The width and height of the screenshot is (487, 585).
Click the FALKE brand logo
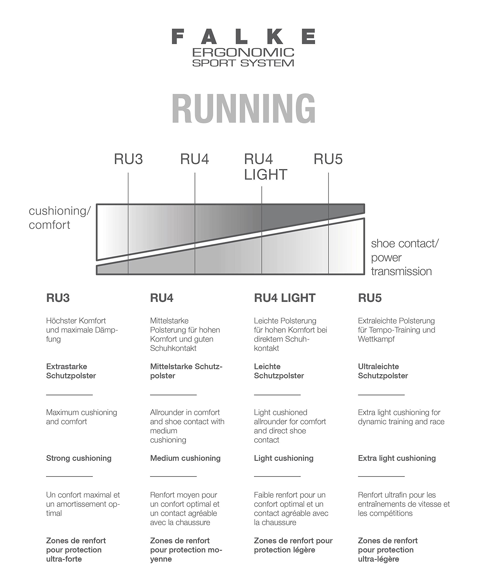243,37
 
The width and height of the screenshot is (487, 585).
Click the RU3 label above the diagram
128,159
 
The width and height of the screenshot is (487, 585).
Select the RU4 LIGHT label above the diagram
266,167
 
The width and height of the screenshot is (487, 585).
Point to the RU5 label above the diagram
328,159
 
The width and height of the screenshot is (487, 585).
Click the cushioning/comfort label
60,218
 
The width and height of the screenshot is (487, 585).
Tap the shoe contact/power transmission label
405,257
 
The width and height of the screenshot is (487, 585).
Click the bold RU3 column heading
58,298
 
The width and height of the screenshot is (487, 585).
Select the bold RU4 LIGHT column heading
284,298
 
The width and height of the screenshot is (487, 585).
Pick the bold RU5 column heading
370,298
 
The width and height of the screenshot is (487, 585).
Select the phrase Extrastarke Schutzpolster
71,371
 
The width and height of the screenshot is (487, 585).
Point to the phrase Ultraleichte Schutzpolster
383,371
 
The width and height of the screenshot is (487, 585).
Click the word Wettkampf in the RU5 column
376,339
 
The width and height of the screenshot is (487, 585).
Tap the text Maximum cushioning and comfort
82,417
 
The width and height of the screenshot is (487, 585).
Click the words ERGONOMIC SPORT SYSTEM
243,58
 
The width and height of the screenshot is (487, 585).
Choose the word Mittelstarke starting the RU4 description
169,321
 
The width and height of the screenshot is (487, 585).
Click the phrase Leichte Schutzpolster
279,371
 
